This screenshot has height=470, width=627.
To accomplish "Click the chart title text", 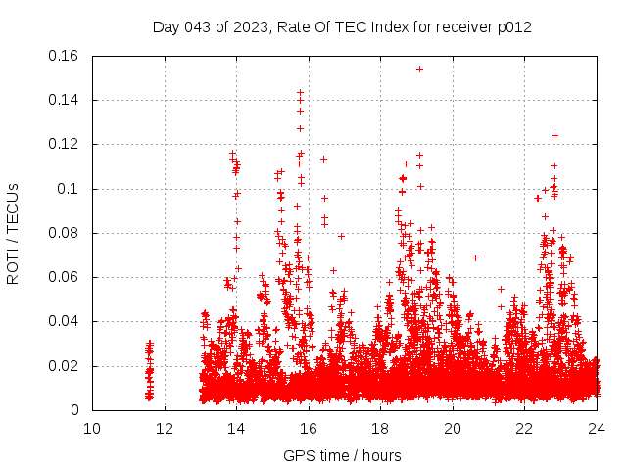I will pos(342,27).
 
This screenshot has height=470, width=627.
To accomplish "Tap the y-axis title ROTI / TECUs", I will pos(13,233).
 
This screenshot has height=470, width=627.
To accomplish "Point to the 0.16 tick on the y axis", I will pos(66,56).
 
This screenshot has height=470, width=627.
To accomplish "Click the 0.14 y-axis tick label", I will pos(66,100).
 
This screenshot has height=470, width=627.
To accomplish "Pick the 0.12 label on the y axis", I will pos(66,145).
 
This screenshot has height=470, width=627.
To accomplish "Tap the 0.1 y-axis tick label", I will pos(71,189).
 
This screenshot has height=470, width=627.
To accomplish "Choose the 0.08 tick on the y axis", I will pos(66,233).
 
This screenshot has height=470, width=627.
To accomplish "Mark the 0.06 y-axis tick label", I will pos(66,278).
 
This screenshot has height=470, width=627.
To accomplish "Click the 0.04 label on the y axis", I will pos(66,322).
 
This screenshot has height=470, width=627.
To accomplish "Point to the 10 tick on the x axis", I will pos(92,429).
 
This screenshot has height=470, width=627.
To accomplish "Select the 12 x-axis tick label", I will pos(164,429).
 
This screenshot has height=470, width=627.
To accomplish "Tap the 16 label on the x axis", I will pos(309,429).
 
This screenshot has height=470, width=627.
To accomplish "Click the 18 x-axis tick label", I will pos(380,429).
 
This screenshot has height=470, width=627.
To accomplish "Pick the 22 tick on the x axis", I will pos(525,429).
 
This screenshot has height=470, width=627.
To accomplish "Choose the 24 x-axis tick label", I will pos(597,429).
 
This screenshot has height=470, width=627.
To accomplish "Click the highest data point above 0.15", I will pos(419,69).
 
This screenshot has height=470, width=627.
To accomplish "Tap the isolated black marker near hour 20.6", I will pos(475,258).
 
